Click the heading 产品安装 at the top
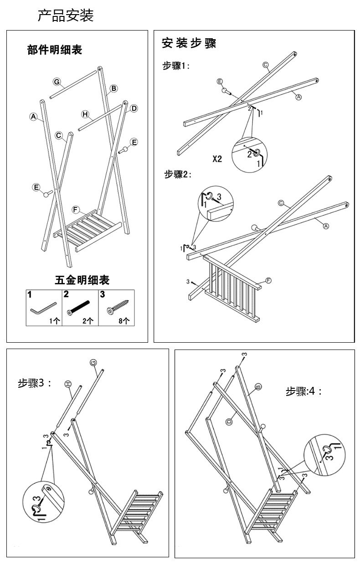coord(66,15)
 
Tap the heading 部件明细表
coord(55,50)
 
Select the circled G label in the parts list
coord(57,82)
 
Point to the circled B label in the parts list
coord(114,88)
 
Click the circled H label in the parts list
coord(85,114)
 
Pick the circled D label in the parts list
coord(134,108)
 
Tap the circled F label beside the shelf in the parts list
coord(76,210)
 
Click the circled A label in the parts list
coord(33,117)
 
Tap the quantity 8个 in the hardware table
coord(124,321)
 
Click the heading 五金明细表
coord(82,279)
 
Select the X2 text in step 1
coord(217,159)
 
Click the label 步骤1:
coord(176,66)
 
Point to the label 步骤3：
coord(34,383)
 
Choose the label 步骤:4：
coord(303,391)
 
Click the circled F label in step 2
coord(268,280)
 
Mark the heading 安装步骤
coord(189,43)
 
